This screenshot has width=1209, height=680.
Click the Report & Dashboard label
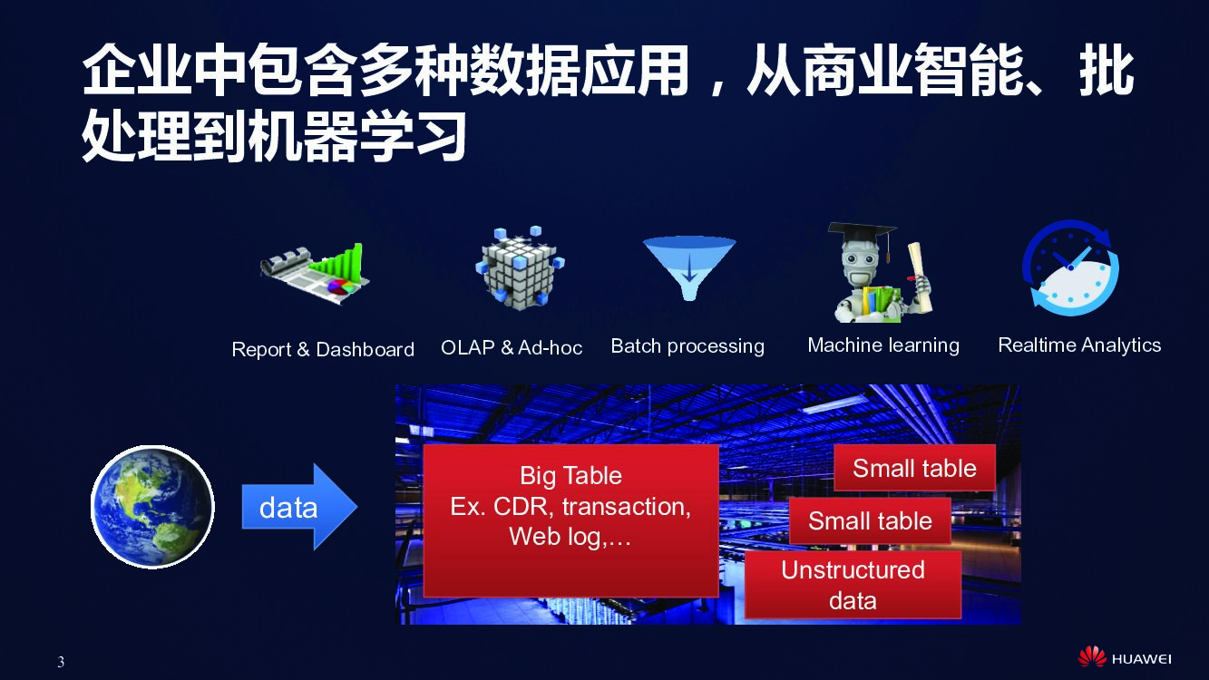pyautogui.click(x=323, y=350)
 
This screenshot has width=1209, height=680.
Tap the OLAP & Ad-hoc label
pyautogui.click(x=512, y=347)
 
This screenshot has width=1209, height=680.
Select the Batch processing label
pyautogui.click(x=687, y=346)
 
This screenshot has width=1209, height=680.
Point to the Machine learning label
pyautogui.click(x=883, y=345)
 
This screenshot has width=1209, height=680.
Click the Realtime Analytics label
pyautogui.click(x=1079, y=345)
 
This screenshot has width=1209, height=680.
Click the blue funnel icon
pyautogui.click(x=688, y=267)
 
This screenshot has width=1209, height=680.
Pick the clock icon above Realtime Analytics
pyautogui.click(x=1070, y=269)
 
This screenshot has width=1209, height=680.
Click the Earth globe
pyautogui.click(x=152, y=507)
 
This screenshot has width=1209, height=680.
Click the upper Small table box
pyautogui.click(x=914, y=468)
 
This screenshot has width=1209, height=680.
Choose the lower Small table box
pyautogui.click(x=870, y=520)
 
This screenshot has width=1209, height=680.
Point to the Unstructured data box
pyautogui.click(x=853, y=585)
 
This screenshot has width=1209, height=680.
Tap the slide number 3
pyautogui.click(x=61, y=662)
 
